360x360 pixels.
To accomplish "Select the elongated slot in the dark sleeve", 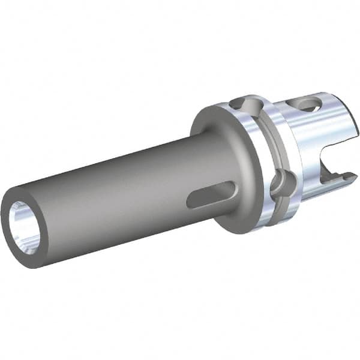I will point(211,194).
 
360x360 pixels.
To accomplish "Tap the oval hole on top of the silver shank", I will point(310,106).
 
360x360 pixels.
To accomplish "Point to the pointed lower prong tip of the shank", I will point(351,175).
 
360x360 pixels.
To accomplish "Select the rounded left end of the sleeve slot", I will point(191,201).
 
